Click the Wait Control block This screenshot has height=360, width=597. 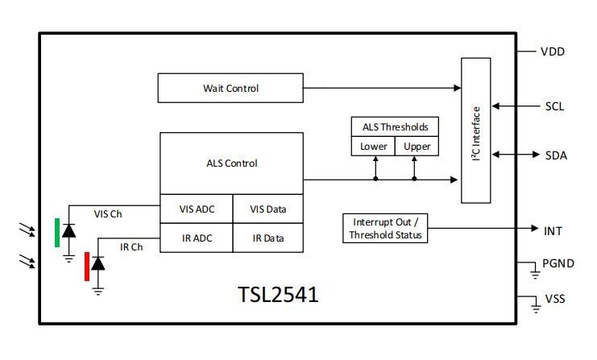tap(231, 88)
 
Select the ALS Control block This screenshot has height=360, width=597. tap(232, 163)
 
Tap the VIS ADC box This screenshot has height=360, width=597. tap(197, 209)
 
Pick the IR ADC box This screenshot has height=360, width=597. tap(197, 238)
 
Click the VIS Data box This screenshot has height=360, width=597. tap(268, 209)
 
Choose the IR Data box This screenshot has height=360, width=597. tap(268, 238)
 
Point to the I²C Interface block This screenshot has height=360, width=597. tap(475, 130)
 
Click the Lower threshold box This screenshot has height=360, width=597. tap(373, 147)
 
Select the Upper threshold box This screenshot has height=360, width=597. tap(417, 147)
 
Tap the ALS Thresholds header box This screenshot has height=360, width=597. tap(395, 126)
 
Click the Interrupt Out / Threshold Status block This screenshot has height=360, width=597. tap(384, 229)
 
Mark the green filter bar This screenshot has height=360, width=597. tap(57, 232)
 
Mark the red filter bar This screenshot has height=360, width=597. tap(87, 267)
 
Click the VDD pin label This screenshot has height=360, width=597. tap(553, 52)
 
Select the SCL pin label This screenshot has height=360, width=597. tap(554, 106)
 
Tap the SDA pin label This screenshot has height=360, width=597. tap(555, 155)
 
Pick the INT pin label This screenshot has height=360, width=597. tap(553, 231)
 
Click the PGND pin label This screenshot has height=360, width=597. tap(558, 263)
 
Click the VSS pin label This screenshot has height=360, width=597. tap(555, 299)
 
